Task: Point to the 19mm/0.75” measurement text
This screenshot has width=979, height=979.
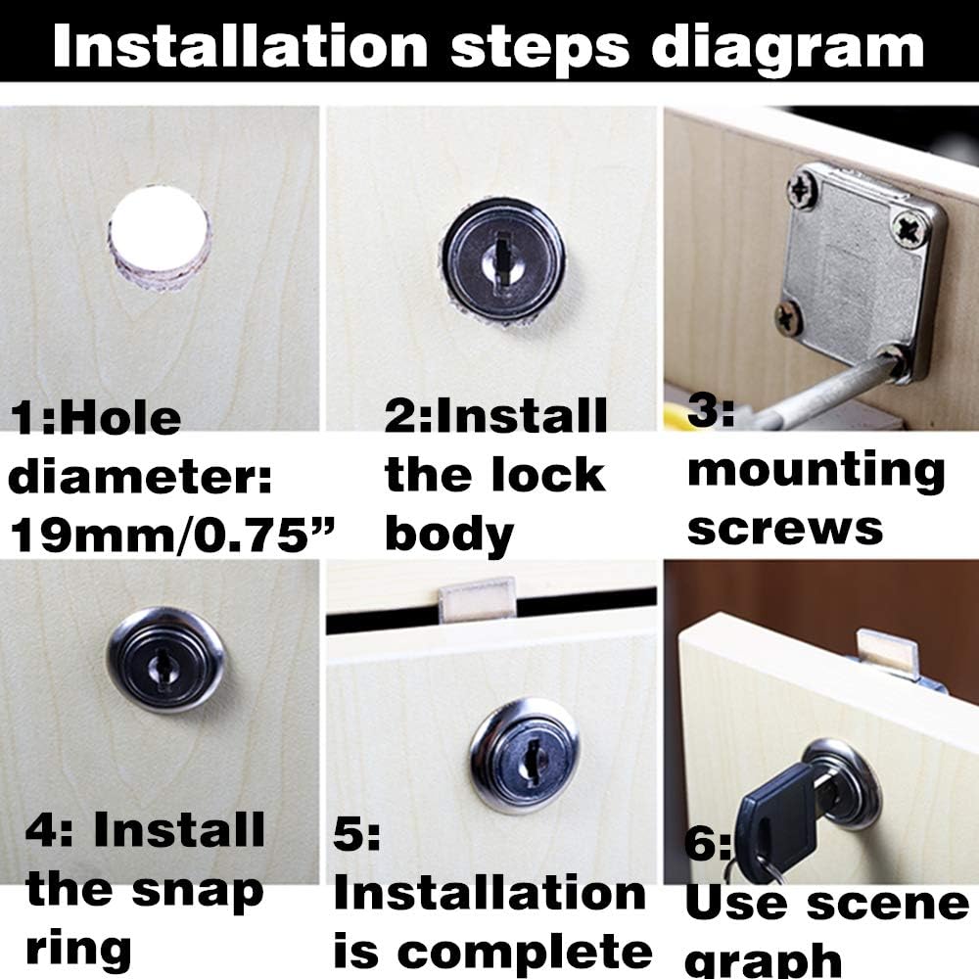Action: coord(171,536)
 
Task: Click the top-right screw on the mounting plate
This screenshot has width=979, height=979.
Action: coord(910,227)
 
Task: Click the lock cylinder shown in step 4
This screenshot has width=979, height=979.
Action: coord(165,659)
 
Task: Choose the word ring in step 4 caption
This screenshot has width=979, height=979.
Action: coord(78,948)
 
